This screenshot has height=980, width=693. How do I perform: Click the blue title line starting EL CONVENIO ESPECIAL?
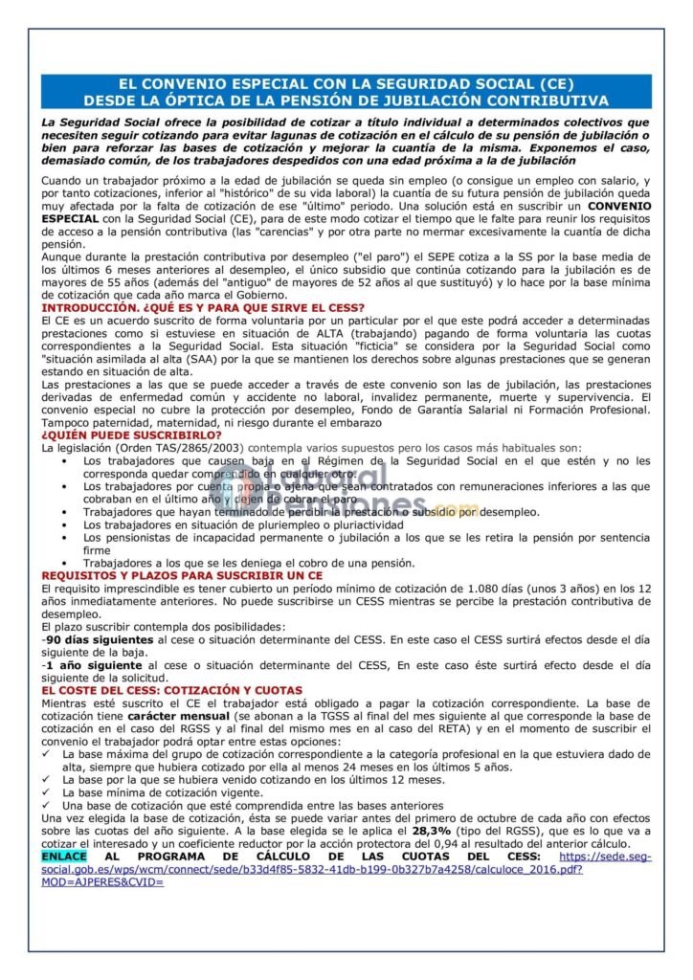[x=346, y=84]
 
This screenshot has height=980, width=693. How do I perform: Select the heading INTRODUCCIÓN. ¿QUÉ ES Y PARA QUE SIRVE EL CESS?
[x=203, y=307]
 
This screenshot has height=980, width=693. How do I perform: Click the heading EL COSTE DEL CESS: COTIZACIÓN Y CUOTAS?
[x=171, y=690]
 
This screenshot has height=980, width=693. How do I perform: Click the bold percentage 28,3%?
[x=432, y=833]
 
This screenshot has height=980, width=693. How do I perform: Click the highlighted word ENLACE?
[x=63, y=857]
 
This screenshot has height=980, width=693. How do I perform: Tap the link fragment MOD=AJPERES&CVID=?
[x=102, y=881]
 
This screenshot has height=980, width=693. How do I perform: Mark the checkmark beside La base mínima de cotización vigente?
[x=47, y=793]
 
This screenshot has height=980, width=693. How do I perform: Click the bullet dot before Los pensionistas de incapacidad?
[x=63, y=538]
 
